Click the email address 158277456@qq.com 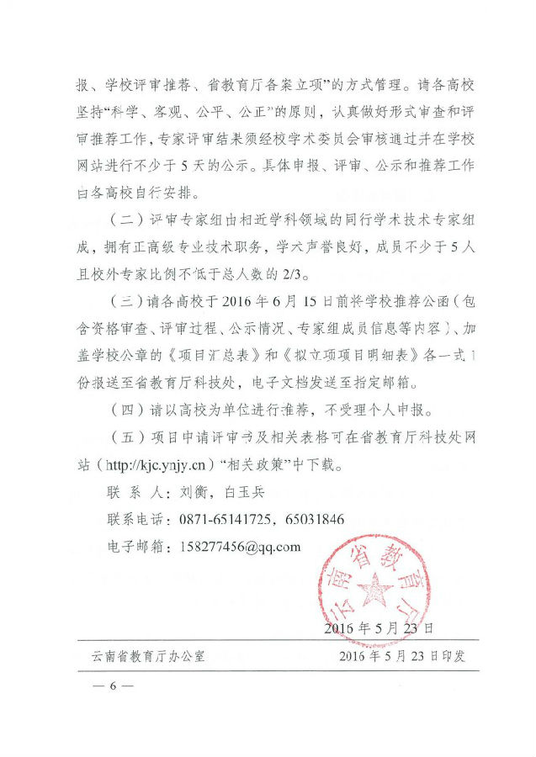tap(240, 546)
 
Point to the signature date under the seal tap(379, 627)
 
